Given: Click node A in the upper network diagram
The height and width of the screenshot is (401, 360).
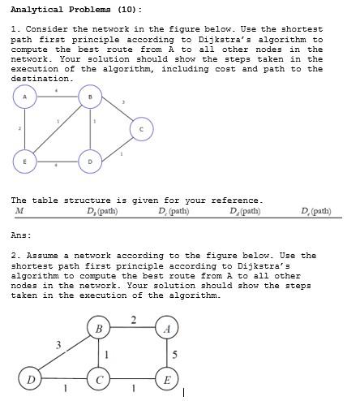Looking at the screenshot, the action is [x=25, y=97].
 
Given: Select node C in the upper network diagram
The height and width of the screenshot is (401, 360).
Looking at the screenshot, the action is [x=141, y=128].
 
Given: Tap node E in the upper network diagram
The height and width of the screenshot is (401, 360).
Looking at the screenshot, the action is [x=25, y=162].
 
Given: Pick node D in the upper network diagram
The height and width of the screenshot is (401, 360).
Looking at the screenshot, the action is [x=90, y=162].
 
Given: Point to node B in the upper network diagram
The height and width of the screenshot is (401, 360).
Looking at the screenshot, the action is [x=90, y=97].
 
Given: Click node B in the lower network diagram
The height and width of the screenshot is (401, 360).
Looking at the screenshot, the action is [x=98, y=329].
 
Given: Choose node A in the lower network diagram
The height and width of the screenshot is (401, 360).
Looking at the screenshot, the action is [x=166, y=329].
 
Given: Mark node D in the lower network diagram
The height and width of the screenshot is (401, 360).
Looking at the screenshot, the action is [x=31, y=378].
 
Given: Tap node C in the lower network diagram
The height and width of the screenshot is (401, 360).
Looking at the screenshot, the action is [x=98, y=378].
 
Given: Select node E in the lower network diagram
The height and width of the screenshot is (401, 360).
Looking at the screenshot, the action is [x=166, y=378].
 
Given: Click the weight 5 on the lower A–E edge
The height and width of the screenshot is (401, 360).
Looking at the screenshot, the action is [x=175, y=354].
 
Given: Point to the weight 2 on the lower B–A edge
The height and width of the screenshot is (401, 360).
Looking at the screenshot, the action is [x=133, y=318].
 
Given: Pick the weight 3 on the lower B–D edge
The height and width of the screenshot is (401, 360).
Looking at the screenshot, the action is [x=58, y=345].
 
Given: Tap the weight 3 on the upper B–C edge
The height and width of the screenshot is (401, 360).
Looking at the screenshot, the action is [x=122, y=102].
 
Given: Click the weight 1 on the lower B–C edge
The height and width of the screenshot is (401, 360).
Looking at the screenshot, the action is [x=106, y=354].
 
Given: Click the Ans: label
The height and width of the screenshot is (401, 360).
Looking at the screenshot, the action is [x=21, y=235].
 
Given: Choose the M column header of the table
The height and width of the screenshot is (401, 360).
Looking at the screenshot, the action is [x=19, y=211].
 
